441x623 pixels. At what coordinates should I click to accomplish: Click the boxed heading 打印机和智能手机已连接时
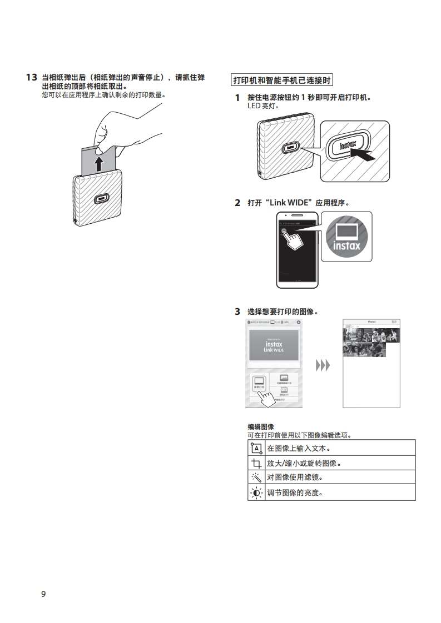(x=281, y=81)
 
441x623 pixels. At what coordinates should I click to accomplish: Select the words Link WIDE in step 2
(x=289, y=203)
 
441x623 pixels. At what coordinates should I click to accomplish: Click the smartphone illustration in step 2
(x=297, y=249)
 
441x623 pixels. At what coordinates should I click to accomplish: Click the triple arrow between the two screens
(x=323, y=365)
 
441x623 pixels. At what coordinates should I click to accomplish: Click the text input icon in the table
(x=256, y=448)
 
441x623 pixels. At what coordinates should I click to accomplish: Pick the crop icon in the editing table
(x=256, y=463)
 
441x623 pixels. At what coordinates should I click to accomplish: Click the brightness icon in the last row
(x=256, y=493)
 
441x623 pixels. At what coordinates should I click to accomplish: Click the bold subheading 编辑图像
(x=261, y=427)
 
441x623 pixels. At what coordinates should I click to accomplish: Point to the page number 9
(x=43, y=594)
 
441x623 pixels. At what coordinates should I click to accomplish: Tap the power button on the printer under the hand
(x=101, y=198)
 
